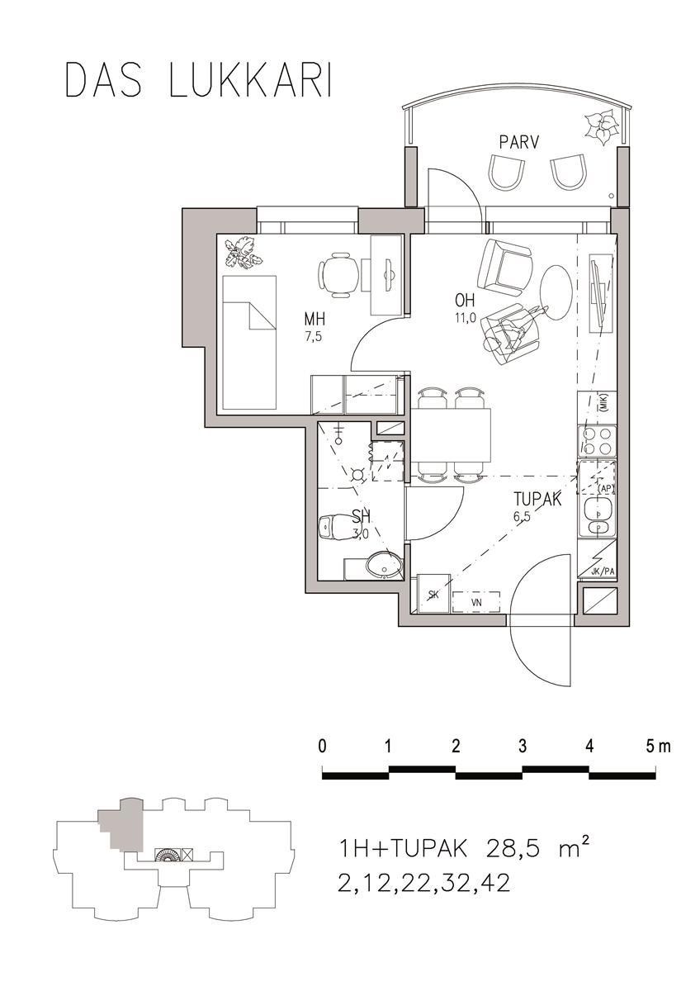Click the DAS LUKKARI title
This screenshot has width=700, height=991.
198,81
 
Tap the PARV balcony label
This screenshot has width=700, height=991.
519,143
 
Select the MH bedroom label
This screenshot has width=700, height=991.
315,319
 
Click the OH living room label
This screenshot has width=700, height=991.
464,301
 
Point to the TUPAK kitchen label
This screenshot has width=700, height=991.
537,499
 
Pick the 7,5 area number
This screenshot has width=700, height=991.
313,338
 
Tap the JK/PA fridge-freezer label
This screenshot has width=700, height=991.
603,571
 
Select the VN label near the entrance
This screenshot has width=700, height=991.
476,602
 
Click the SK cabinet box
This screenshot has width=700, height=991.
434,594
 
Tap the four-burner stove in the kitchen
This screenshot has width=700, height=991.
597,441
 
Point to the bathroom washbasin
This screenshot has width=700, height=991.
384,564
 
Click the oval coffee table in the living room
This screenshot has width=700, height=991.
556,292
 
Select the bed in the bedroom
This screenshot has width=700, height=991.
250,342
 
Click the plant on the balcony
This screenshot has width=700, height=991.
600,128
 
